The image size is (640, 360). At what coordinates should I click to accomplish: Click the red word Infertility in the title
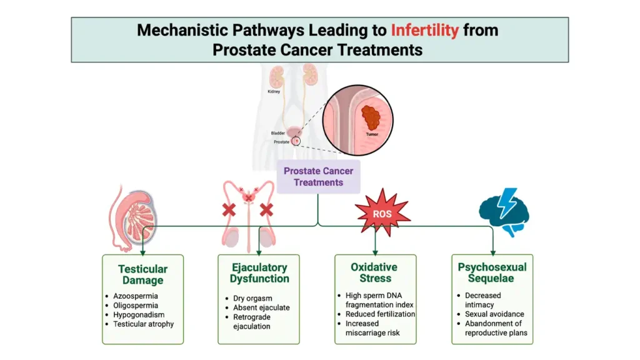pyautogui.click(x=424, y=30)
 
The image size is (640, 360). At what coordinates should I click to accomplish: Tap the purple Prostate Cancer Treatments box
pyautogui.click(x=318, y=177)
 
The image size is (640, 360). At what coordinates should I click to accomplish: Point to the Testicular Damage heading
pyautogui.click(x=142, y=275)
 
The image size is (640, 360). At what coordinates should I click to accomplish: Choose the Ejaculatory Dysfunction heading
pyautogui.click(x=259, y=273)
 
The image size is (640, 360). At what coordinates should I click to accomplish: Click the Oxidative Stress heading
pyautogui.click(x=375, y=273)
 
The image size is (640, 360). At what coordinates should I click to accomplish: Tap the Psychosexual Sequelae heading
pyautogui.click(x=492, y=273)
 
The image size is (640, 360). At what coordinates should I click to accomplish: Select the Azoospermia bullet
pyautogui.click(x=136, y=296)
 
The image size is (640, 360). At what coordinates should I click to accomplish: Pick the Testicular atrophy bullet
pyautogui.click(x=143, y=324)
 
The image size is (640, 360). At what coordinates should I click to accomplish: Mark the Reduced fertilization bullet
pyautogui.click(x=380, y=314)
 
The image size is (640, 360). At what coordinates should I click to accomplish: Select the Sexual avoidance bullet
pyautogui.click(x=494, y=314)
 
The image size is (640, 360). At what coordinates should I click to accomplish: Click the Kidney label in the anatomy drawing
pyautogui.click(x=274, y=92)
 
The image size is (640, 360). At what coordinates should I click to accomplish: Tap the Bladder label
pyautogui.click(x=278, y=133)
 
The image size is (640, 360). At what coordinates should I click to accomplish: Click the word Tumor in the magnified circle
pyautogui.click(x=371, y=133)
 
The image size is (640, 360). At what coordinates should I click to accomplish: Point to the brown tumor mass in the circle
pyautogui.click(x=372, y=117)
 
